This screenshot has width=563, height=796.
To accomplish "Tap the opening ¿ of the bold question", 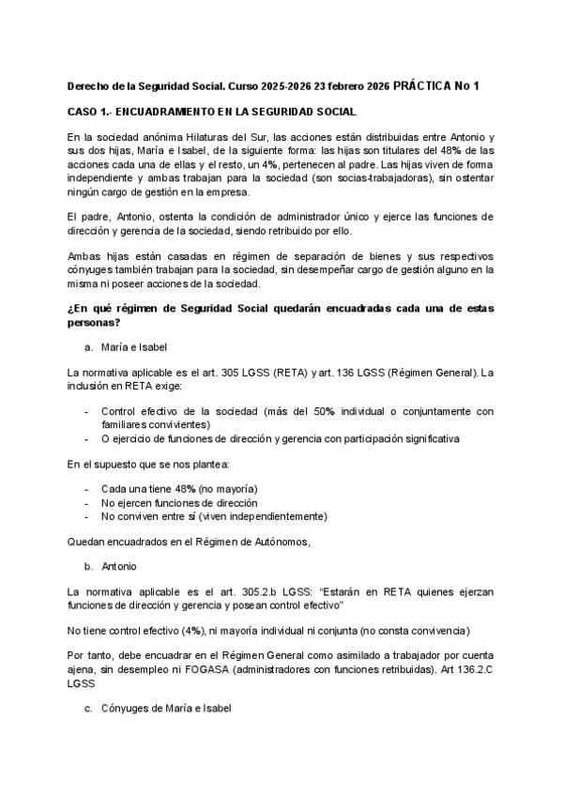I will pos(70,309).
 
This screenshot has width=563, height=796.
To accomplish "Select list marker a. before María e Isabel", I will pos(88,346).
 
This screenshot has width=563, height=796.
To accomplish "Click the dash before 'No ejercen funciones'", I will pos(87,502).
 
